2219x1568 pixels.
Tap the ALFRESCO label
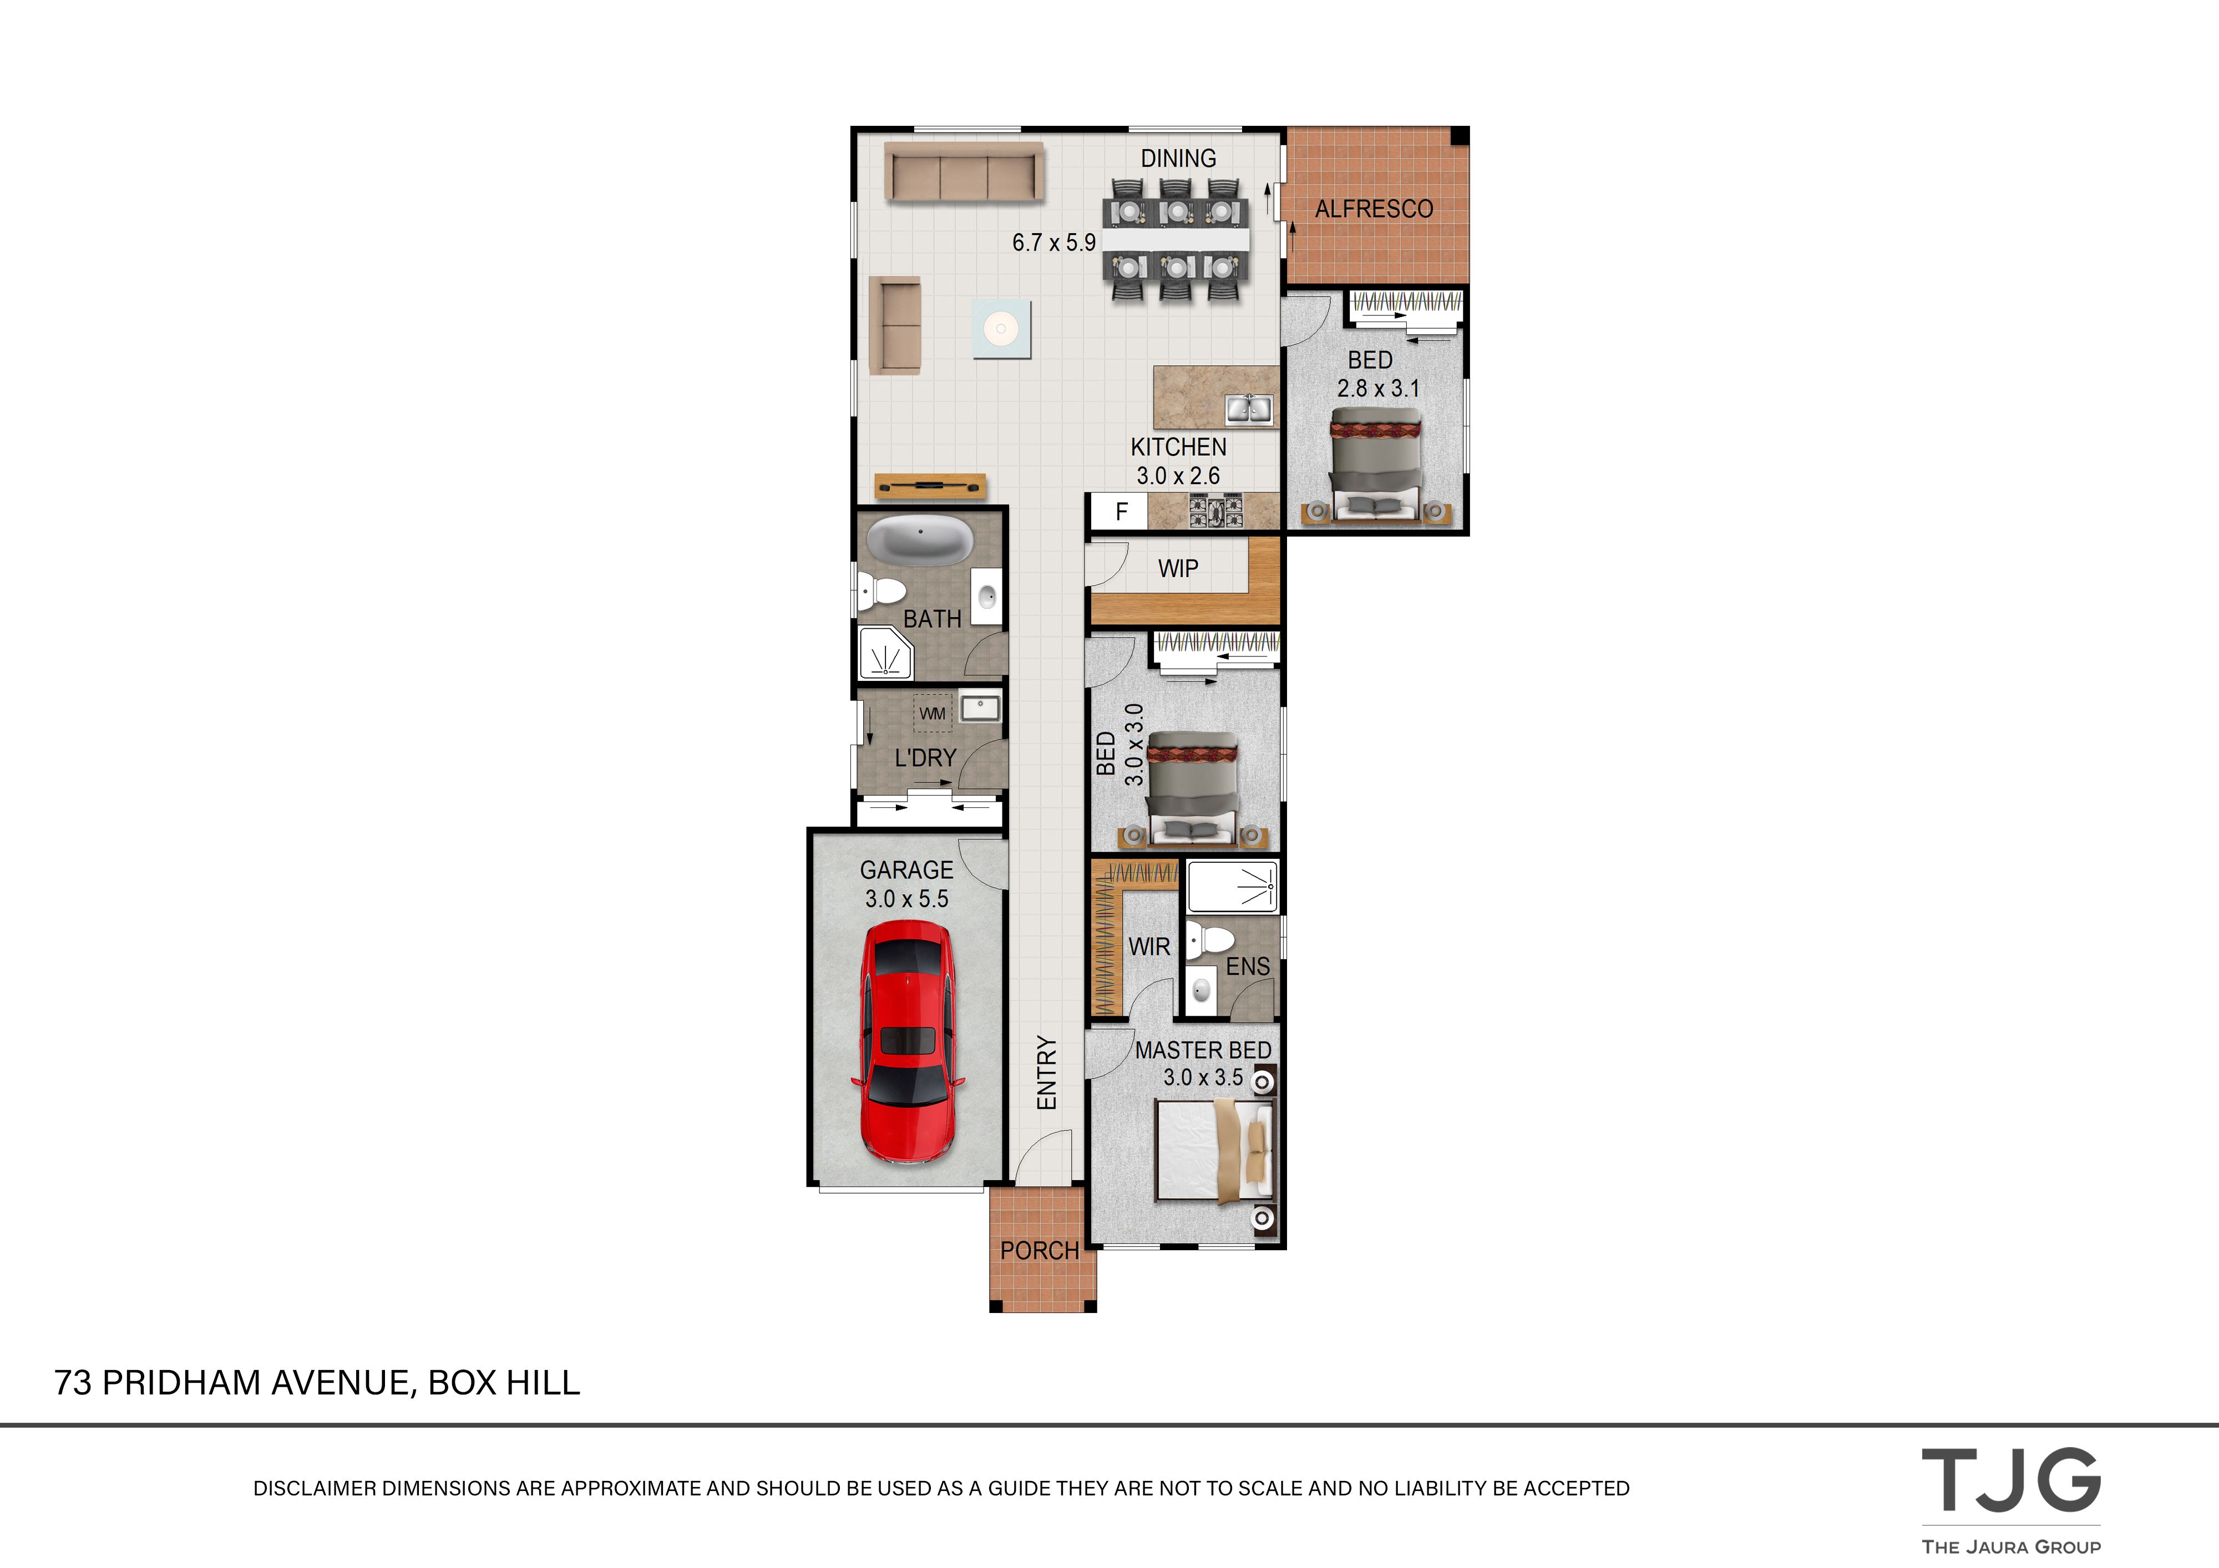1374,208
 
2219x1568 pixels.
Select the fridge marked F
1119,511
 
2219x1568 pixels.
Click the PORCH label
1039,1250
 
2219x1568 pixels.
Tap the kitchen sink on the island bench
1249,410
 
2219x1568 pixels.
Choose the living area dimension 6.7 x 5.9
1053,242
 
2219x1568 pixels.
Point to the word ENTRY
1047,1072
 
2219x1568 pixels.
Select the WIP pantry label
1178,569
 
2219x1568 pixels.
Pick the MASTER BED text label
1202,1050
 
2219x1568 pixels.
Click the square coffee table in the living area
1001,328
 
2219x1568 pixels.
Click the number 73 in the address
73,1382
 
